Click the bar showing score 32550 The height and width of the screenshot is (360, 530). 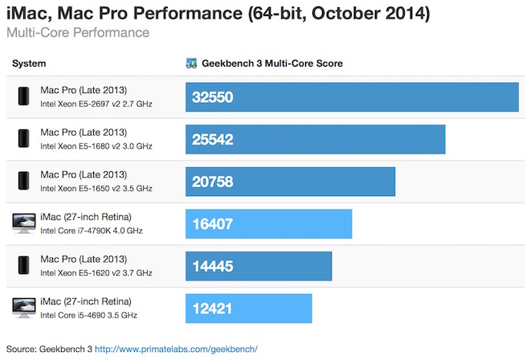pyautogui.click(x=352, y=97)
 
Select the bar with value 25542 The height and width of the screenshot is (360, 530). pyautogui.click(x=316, y=139)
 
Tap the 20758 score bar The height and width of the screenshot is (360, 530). pyautogui.click(x=290, y=182)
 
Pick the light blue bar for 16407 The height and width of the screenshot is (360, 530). pyautogui.click(x=269, y=223)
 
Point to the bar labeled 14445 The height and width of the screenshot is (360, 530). pyautogui.click(x=259, y=266)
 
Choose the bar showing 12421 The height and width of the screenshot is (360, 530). pyautogui.click(x=249, y=308)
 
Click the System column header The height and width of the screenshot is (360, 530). pyautogui.click(x=30, y=63)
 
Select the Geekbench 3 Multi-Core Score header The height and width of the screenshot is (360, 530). pyautogui.click(x=272, y=63)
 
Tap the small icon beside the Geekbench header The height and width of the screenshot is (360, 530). pyautogui.click(x=191, y=63)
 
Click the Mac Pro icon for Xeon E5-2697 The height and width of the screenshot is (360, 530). pyautogui.click(x=23, y=97)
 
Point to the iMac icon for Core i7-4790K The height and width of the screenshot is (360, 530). pyautogui.click(x=24, y=223)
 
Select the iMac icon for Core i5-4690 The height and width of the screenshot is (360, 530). pyautogui.click(x=24, y=308)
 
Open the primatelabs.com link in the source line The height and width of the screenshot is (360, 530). pyautogui.click(x=176, y=349)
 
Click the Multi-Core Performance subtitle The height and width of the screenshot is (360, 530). pyautogui.click(x=77, y=33)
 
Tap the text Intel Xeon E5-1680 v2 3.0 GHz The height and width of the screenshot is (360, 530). pyautogui.click(x=96, y=146)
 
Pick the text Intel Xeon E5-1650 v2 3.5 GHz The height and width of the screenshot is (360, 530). pyautogui.click(x=96, y=188)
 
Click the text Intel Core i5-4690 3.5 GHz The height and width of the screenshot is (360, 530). pyautogui.click(x=89, y=315)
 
